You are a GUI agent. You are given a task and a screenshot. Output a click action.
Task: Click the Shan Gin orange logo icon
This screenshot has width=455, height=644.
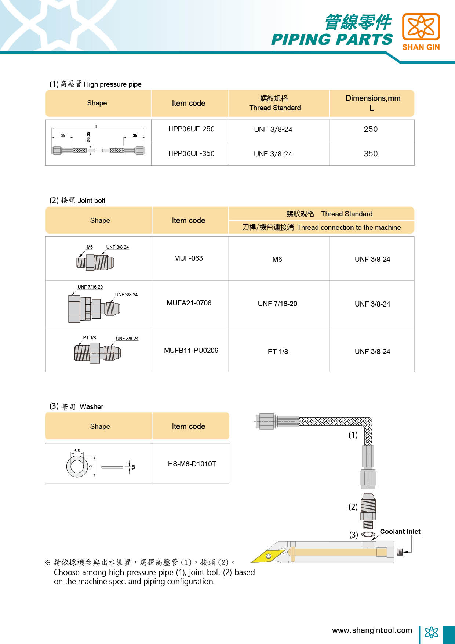[421, 26]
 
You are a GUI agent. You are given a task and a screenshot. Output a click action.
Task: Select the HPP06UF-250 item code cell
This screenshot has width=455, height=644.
[191, 129]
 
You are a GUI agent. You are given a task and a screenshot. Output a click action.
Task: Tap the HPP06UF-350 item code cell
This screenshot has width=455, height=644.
[191, 154]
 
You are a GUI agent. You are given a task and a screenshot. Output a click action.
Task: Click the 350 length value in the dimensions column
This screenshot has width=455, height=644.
[371, 154]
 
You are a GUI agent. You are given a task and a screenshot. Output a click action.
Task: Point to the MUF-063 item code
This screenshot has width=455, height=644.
[188, 258]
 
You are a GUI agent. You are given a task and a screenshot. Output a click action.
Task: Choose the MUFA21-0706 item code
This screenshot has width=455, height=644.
[189, 303]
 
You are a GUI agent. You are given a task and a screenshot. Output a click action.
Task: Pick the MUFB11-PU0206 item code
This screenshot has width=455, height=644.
[191, 351]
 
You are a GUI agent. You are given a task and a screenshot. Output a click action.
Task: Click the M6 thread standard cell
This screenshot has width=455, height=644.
[277, 260]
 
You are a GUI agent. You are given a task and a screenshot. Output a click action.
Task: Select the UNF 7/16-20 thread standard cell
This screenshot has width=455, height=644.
[277, 304]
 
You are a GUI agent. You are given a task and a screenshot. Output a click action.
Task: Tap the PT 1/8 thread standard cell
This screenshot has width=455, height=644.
[278, 352]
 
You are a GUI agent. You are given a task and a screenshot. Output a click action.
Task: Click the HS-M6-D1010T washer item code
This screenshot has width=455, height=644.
[192, 464]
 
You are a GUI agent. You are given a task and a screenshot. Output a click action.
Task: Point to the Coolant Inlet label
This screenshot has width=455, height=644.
[400, 532]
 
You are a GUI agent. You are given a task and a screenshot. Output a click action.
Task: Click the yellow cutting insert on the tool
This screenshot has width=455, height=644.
[268, 556]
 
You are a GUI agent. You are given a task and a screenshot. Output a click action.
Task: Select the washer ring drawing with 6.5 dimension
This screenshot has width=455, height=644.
[77, 466]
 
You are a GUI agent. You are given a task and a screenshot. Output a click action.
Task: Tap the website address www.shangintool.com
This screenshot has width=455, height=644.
[372, 630]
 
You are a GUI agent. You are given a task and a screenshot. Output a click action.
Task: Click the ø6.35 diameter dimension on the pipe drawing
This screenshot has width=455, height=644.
[88, 137]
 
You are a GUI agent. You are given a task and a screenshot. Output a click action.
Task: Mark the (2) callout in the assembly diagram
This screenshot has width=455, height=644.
[353, 507]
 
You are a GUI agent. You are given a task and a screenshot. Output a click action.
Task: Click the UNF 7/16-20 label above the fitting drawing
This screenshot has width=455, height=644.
[90, 287]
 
